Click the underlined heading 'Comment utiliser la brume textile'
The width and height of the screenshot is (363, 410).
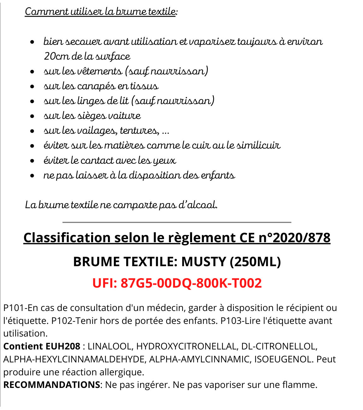(100, 12)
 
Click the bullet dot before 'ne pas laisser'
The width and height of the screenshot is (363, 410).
(32, 176)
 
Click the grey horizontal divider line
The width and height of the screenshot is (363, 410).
(177, 222)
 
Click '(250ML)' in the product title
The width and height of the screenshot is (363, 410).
(255, 262)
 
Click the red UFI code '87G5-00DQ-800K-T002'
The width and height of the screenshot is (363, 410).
(191, 283)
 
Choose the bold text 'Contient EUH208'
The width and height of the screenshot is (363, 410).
(42, 346)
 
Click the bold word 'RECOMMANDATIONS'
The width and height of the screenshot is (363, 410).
(51, 385)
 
